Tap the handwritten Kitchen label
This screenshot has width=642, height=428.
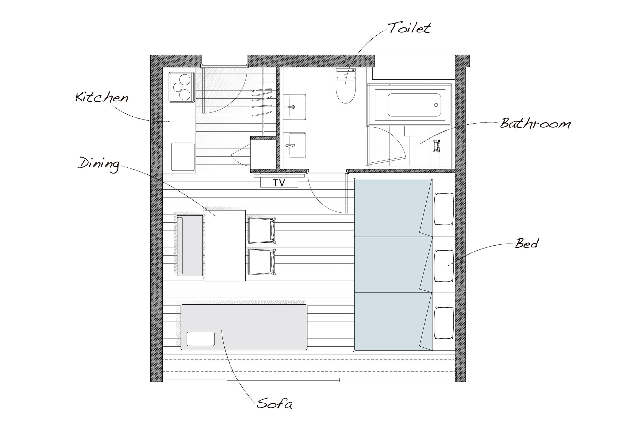coord(102,97)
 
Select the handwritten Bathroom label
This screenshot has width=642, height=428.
coord(535,123)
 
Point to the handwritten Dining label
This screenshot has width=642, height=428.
coord(99,164)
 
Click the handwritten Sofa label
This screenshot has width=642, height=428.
coord(274,403)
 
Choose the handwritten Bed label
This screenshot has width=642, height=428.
coord(526,243)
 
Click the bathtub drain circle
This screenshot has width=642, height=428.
coord(436,105)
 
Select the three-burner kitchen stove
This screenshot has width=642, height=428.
coord(182,87)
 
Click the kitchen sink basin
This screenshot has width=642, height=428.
coord(183,157)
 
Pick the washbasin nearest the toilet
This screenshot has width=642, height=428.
coord(297,107)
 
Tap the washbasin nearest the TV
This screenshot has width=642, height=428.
coord(297,145)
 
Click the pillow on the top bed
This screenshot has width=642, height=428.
coord(444,209)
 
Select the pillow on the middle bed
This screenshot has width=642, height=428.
coord(444,266)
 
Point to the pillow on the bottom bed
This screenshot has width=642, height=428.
coord(444,323)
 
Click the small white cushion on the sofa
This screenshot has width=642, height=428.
coord(201,339)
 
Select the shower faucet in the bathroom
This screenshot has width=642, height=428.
coord(437,146)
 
